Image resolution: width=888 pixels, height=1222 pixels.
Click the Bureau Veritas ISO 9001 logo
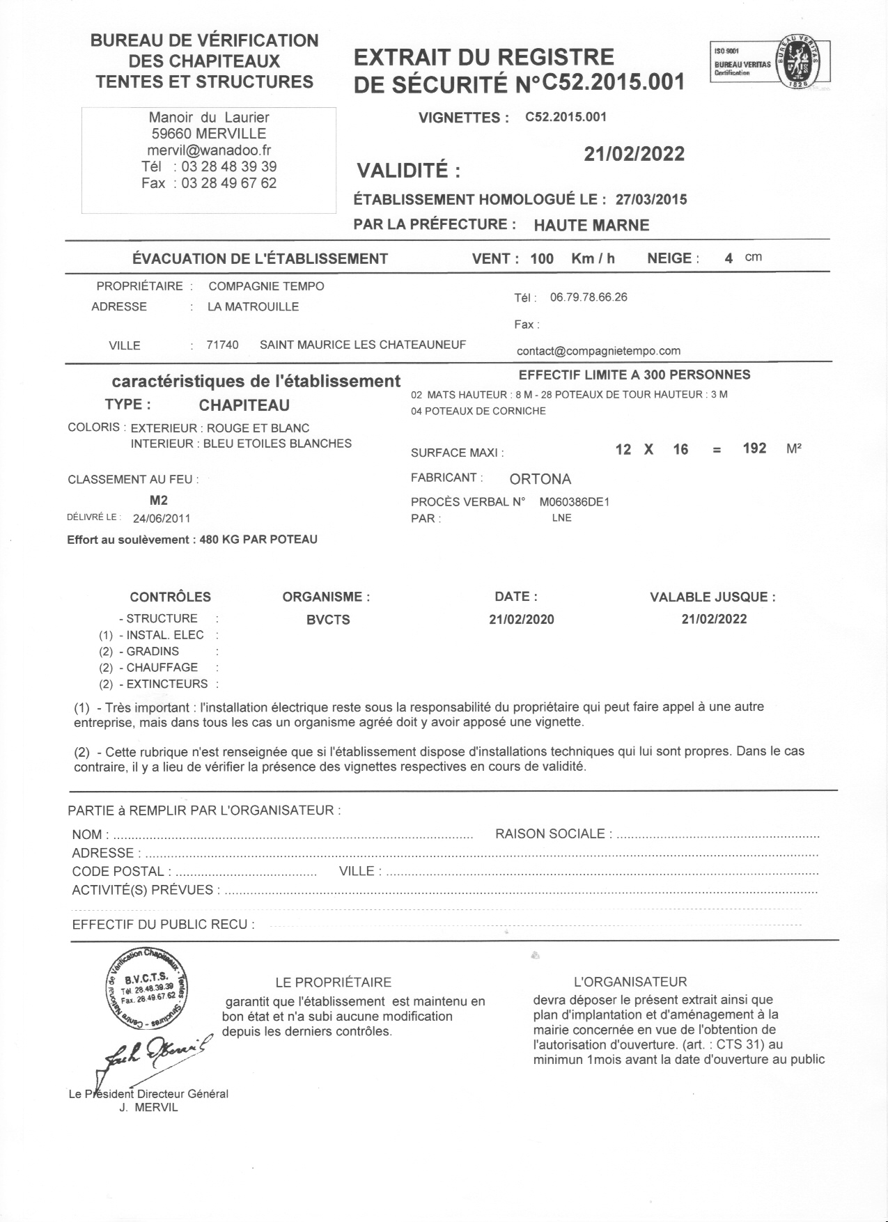coord(770,61)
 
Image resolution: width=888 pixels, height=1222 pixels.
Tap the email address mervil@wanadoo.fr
coord(209,150)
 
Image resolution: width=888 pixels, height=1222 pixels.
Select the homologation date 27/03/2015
coord(651,200)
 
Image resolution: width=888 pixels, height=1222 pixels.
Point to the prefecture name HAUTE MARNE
coord(591,226)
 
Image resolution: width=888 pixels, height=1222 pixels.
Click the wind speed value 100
coord(541,259)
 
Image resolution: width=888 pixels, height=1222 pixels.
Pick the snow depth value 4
coord(729,258)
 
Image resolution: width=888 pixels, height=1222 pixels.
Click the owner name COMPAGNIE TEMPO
coord(266,286)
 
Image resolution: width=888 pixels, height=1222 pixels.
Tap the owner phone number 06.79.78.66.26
coord(589,297)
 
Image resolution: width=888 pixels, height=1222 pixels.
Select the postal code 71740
coord(222,345)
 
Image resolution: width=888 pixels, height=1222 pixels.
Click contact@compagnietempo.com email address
coord(598,351)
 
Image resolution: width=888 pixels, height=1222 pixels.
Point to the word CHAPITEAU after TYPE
coord(244,405)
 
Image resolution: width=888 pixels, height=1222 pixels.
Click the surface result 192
coord(754,448)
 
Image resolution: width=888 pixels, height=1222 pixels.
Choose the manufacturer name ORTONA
coord(540,479)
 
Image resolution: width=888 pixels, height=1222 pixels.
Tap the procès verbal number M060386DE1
coord(574,502)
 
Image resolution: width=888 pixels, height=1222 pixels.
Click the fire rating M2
coord(159,500)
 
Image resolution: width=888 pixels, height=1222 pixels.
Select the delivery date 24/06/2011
coord(162,518)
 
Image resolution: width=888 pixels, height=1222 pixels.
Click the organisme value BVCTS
coord(328,620)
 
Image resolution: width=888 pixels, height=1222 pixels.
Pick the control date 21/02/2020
coord(522,620)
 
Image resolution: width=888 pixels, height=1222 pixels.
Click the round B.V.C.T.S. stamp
coord(147,988)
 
